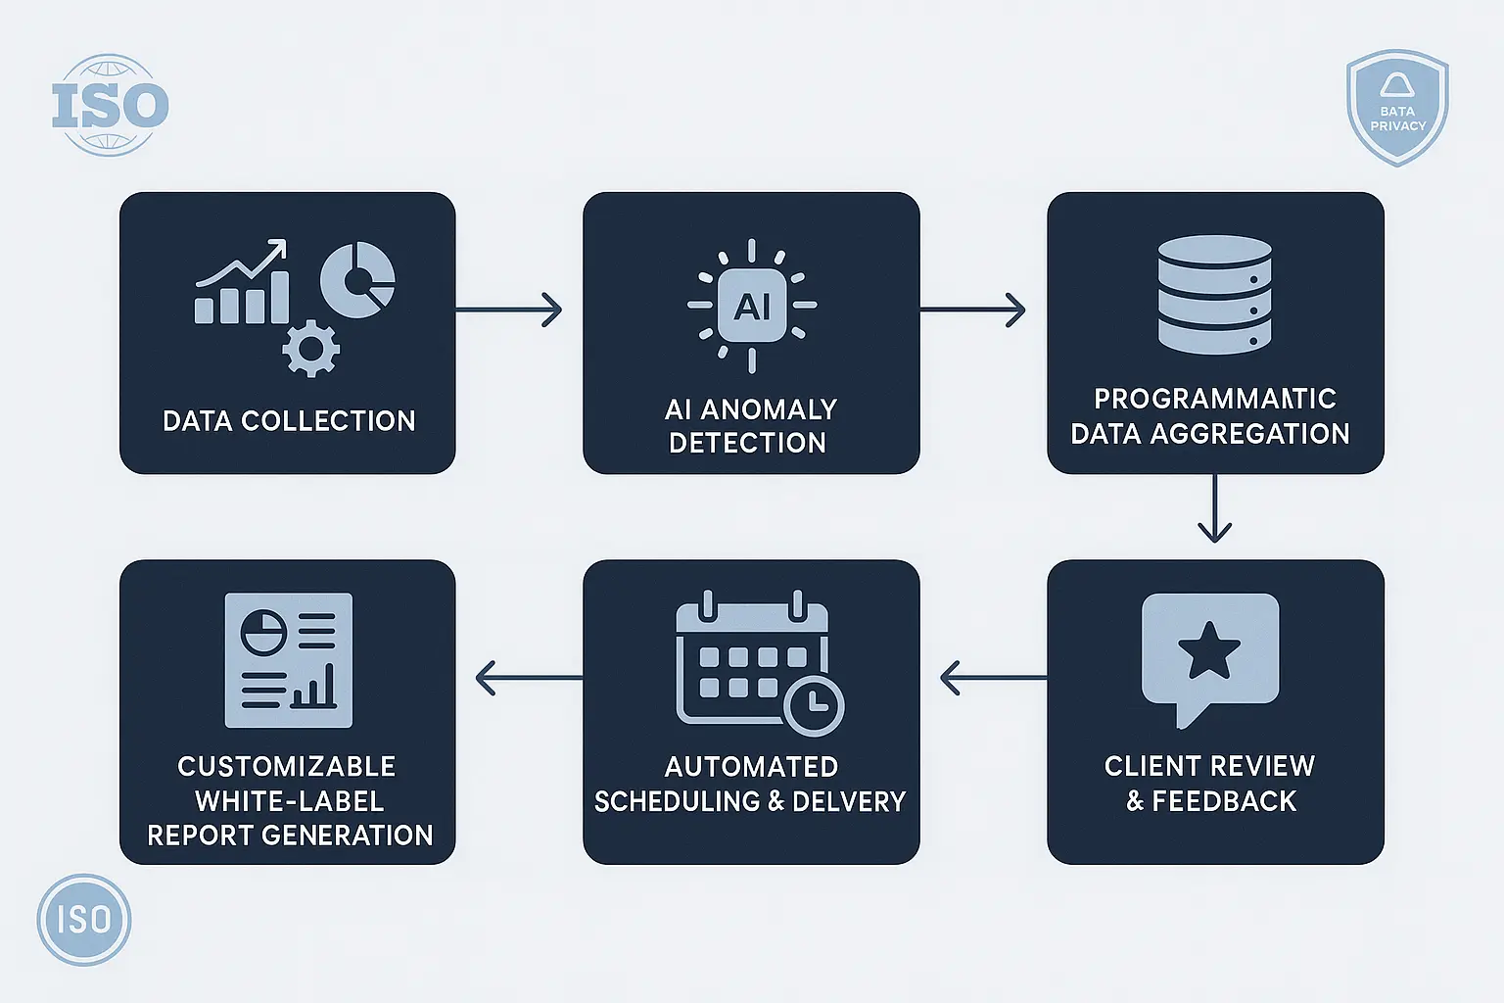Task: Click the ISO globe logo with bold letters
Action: (110, 105)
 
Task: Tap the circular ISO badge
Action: (84, 920)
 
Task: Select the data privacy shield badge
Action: (1397, 108)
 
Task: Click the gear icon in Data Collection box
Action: (311, 349)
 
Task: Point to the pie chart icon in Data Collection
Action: (357, 279)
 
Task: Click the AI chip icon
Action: (752, 306)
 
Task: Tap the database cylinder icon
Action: (1214, 294)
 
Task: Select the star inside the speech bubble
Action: (1209, 651)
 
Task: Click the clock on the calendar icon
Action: (814, 704)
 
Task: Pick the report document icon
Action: (289, 660)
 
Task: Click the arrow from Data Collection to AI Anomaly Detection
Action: (509, 310)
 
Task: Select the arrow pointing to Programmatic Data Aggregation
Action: (973, 310)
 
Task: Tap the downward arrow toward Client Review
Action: (1214, 509)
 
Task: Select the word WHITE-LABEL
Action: (290, 801)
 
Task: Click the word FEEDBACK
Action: (1224, 801)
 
